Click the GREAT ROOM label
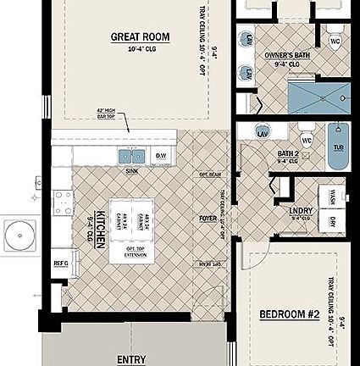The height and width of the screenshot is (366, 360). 140,36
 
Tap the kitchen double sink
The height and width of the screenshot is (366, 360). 130,156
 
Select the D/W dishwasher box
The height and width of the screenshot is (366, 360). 162,156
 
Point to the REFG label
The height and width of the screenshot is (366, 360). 61,263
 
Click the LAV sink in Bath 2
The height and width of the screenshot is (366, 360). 262,134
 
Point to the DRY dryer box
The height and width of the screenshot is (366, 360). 333,222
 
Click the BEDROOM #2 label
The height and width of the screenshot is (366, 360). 289,314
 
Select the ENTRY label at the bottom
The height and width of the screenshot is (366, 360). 131,359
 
